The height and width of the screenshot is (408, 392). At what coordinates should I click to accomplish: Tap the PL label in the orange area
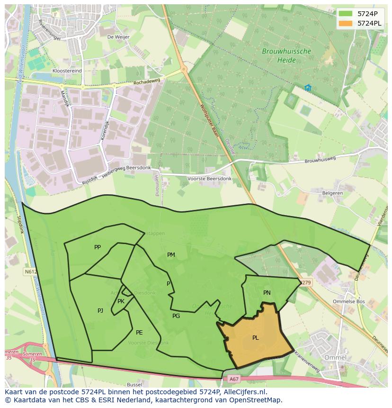click(256, 338)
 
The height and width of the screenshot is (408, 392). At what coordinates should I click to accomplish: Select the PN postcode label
click(267, 293)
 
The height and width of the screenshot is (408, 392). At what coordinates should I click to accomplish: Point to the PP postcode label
click(98, 247)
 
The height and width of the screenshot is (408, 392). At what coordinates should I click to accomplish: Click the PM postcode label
click(171, 255)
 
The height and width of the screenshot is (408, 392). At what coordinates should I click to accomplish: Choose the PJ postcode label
click(100, 311)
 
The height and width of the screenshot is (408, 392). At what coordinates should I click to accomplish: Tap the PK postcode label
click(121, 301)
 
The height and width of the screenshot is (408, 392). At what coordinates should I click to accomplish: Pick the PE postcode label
click(139, 333)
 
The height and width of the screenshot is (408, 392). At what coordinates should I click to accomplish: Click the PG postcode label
click(176, 316)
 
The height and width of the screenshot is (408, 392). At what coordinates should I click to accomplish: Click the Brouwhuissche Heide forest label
click(286, 55)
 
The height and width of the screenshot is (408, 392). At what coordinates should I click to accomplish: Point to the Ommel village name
click(336, 357)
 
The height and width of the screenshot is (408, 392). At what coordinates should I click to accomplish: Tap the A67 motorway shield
click(234, 379)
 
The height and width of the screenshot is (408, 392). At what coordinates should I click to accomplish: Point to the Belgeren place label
click(332, 193)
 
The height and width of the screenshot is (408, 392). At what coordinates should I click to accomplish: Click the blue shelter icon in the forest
click(308, 88)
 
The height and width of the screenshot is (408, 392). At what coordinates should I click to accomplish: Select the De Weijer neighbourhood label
click(117, 36)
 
